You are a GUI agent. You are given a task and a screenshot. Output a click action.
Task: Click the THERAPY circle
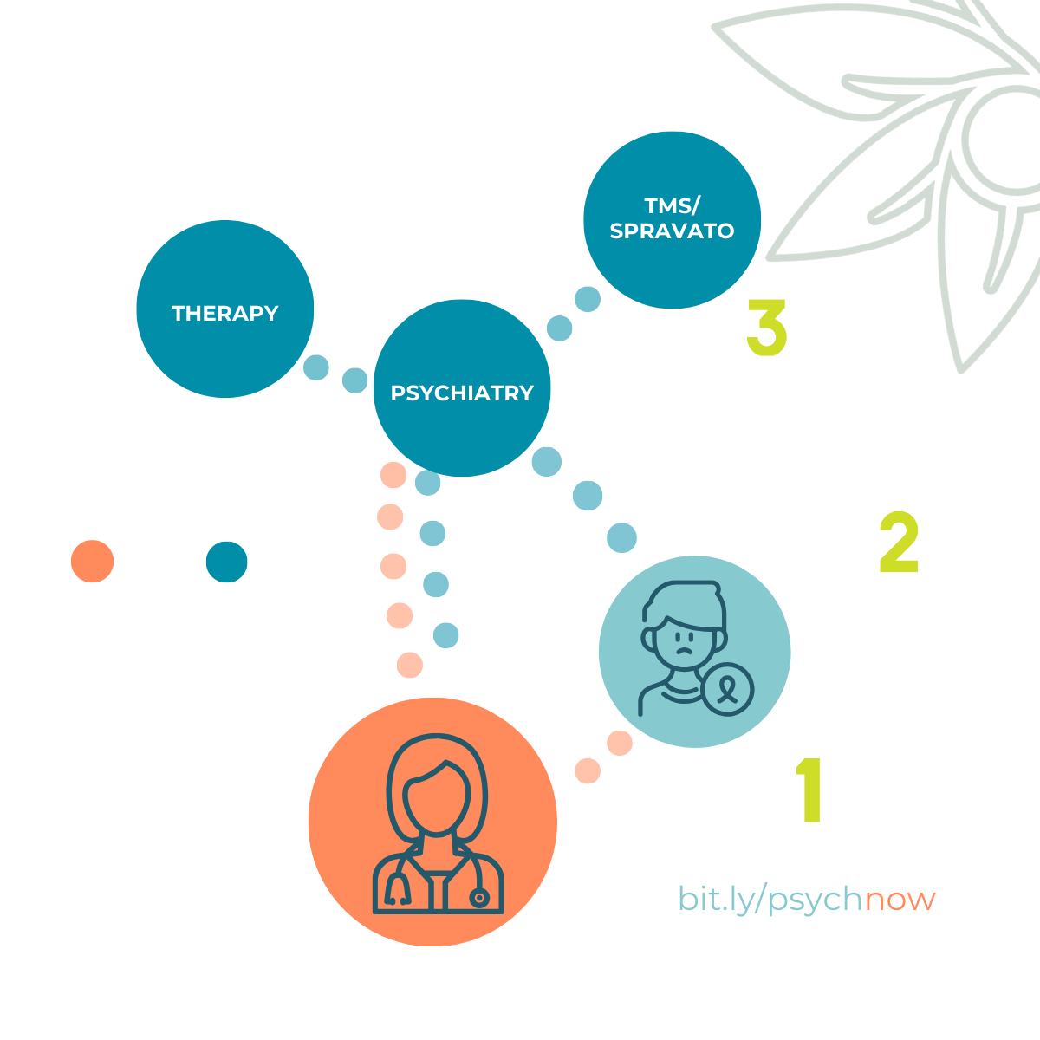[224, 312]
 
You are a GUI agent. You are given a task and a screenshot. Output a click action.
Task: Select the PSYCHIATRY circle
[462, 392]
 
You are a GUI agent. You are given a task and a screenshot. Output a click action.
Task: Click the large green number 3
[766, 328]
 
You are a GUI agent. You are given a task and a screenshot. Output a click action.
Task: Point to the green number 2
[899, 544]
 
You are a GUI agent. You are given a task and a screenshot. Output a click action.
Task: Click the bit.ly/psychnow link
[807, 899]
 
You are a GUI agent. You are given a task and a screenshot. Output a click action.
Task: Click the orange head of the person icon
[91, 562]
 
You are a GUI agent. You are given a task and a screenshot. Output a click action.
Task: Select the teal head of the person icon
[227, 562]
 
